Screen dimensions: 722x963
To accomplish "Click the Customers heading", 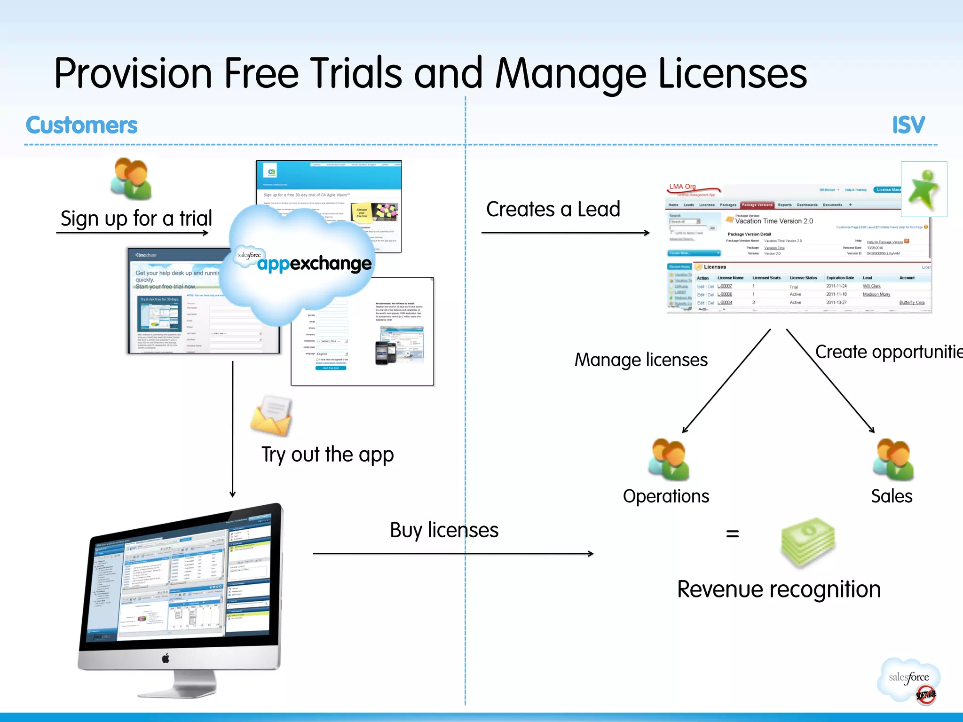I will point(81,125).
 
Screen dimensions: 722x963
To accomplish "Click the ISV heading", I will point(908,125).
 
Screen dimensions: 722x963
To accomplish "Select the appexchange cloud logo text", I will point(314,263).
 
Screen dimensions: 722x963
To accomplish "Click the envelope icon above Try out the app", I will point(271,416).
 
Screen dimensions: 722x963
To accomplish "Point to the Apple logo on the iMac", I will point(166,659).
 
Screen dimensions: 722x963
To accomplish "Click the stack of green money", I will point(808,543).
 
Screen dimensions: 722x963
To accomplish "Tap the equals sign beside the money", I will point(732,534).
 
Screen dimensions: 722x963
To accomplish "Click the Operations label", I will point(666,496).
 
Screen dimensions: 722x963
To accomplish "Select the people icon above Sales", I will point(893,459).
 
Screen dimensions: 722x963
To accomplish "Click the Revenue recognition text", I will point(779,589).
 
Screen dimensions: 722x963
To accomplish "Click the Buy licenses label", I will point(444,530).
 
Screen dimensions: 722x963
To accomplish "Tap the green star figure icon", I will point(924,189).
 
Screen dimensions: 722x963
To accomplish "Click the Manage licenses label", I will point(641,360).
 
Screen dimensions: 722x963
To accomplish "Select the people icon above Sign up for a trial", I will point(131,179).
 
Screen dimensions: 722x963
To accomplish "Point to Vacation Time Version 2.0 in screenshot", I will point(774,221).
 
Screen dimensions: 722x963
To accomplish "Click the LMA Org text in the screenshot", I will point(682,187).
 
